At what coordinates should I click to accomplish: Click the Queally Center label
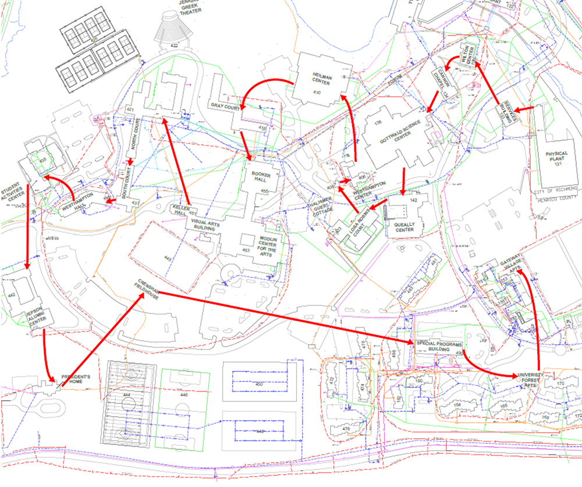404,226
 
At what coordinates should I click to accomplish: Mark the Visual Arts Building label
204,224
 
